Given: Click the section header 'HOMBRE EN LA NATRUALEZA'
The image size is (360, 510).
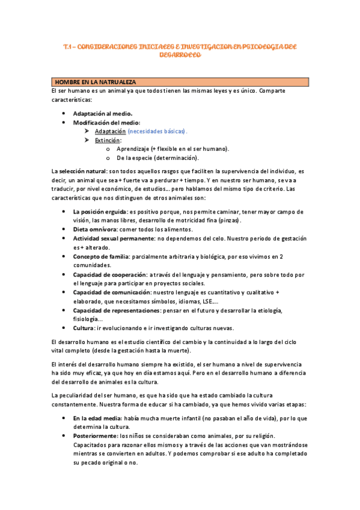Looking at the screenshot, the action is coord(96,82).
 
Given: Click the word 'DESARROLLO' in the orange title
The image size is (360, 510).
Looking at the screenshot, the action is coord(180,55).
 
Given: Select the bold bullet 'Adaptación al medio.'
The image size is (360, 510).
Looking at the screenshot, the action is coord(103,113).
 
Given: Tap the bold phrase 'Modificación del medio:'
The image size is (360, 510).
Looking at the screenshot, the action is coord(106,122).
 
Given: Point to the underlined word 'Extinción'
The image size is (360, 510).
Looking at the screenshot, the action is coord(108,140).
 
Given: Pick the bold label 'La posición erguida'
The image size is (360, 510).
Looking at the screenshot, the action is coord(100,212).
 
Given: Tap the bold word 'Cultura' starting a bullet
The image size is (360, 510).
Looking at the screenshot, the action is coord(84,328).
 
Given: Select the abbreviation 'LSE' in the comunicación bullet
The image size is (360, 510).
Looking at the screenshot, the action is coord(207,301).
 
